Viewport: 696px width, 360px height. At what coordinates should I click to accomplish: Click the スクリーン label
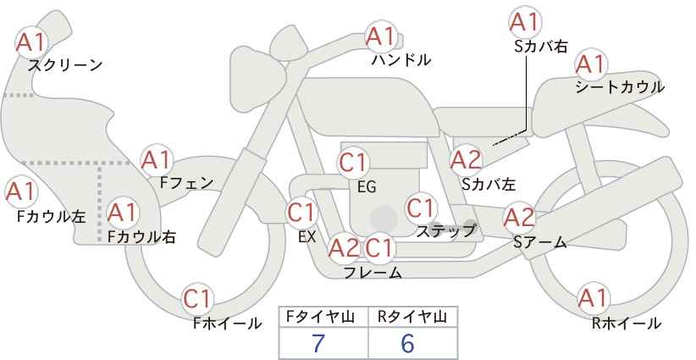click(x=65, y=65)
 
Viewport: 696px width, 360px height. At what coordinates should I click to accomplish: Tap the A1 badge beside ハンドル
click(x=380, y=36)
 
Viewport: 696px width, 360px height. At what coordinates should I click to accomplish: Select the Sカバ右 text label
click(x=541, y=47)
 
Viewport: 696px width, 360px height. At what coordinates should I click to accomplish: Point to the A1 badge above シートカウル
click(x=591, y=64)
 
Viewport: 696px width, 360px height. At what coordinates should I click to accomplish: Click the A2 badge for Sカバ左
click(x=466, y=160)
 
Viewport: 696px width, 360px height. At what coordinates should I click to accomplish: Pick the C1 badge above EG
click(x=353, y=163)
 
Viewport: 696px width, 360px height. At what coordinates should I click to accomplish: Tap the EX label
click(x=307, y=237)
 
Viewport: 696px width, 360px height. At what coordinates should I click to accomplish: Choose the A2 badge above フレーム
click(x=344, y=248)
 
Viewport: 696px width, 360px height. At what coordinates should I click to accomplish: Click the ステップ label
click(x=445, y=231)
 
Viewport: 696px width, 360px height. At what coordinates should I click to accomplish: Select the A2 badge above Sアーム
click(x=519, y=218)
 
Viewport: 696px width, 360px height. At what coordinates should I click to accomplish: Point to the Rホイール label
click(x=627, y=324)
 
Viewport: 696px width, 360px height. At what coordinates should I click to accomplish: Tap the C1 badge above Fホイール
click(x=197, y=299)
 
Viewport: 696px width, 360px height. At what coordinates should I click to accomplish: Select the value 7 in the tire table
click(x=318, y=343)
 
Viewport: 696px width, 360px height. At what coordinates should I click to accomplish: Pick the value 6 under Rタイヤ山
click(x=407, y=343)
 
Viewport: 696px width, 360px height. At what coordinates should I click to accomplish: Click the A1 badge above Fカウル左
click(x=20, y=191)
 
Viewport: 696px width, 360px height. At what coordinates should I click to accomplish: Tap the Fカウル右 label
click(x=141, y=236)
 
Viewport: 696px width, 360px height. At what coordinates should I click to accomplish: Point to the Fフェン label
click(x=186, y=183)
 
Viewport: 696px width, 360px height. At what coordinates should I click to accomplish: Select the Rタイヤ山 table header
click(x=412, y=317)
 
